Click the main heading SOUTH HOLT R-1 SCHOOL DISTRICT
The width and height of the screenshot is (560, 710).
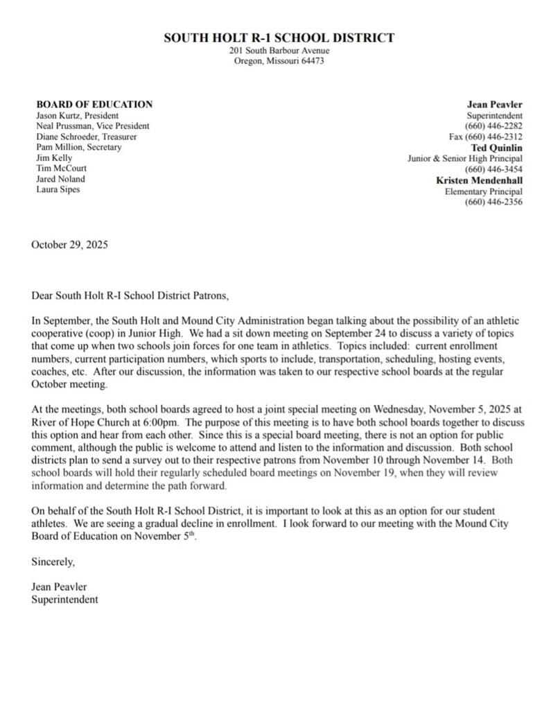[x=279, y=38]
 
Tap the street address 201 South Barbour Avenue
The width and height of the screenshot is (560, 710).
[x=279, y=51]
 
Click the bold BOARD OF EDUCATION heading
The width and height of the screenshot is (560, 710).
[x=94, y=104]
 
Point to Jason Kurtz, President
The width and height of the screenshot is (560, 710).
[x=77, y=115]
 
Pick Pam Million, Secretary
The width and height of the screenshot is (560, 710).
[x=78, y=147]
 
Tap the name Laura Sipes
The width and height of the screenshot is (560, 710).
[x=58, y=189]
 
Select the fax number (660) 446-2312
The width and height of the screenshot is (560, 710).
[x=493, y=137]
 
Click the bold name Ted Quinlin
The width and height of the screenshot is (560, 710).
[x=497, y=148]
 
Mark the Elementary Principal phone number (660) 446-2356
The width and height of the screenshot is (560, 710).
[x=493, y=202]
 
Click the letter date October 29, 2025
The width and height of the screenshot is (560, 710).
[x=70, y=245]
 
